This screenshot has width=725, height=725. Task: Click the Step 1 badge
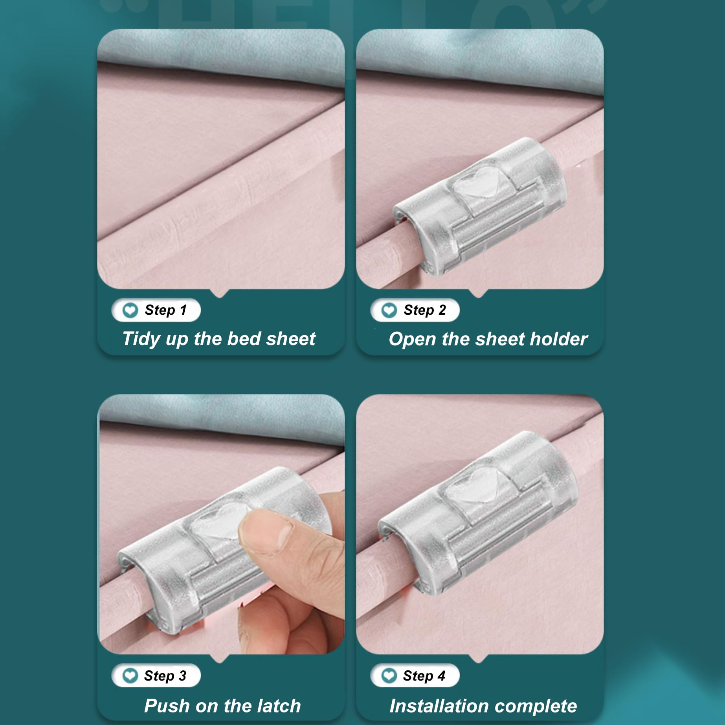[x=156, y=310]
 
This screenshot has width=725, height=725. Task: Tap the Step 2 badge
[x=415, y=310]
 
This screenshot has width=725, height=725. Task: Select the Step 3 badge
[x=156, y=675]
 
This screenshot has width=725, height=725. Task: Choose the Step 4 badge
[x=415, y=675]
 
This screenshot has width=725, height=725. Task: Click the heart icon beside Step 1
[x=130, y=310]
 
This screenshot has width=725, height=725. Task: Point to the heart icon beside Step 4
[x=389, y=676]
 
